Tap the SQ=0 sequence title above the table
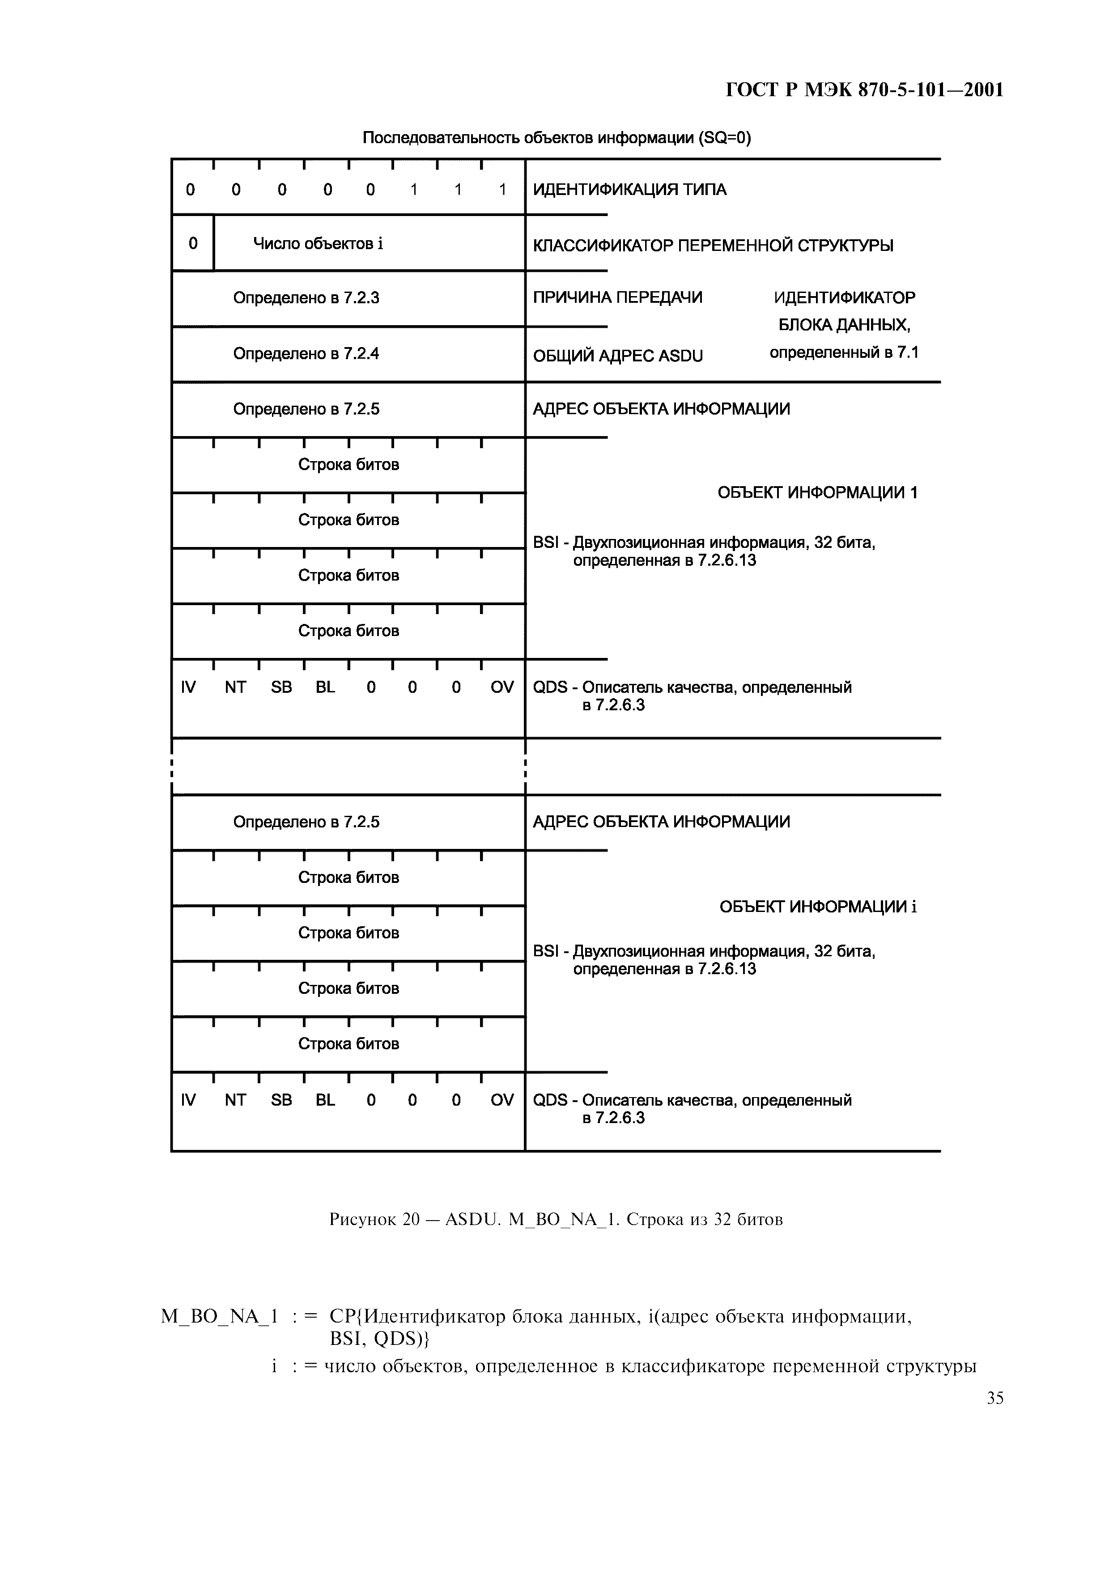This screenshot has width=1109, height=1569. (556, 138)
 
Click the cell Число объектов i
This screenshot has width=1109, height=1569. (318, 244)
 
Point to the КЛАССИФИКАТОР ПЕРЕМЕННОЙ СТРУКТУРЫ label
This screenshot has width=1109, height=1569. (713, 246)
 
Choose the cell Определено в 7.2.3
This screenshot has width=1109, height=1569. (306, 298)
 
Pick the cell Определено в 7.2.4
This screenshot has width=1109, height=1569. (306, 353)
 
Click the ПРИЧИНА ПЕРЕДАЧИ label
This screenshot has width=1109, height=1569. (617, 297)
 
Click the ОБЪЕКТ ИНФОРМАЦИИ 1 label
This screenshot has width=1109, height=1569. (817, 493)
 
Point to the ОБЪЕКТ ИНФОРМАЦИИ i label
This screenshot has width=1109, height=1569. (818, 907)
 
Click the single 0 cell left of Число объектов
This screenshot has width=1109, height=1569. (193, 243)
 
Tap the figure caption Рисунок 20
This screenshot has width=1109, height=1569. (556, 1219)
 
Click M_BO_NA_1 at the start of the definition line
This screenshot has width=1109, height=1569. (219, 1316)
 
